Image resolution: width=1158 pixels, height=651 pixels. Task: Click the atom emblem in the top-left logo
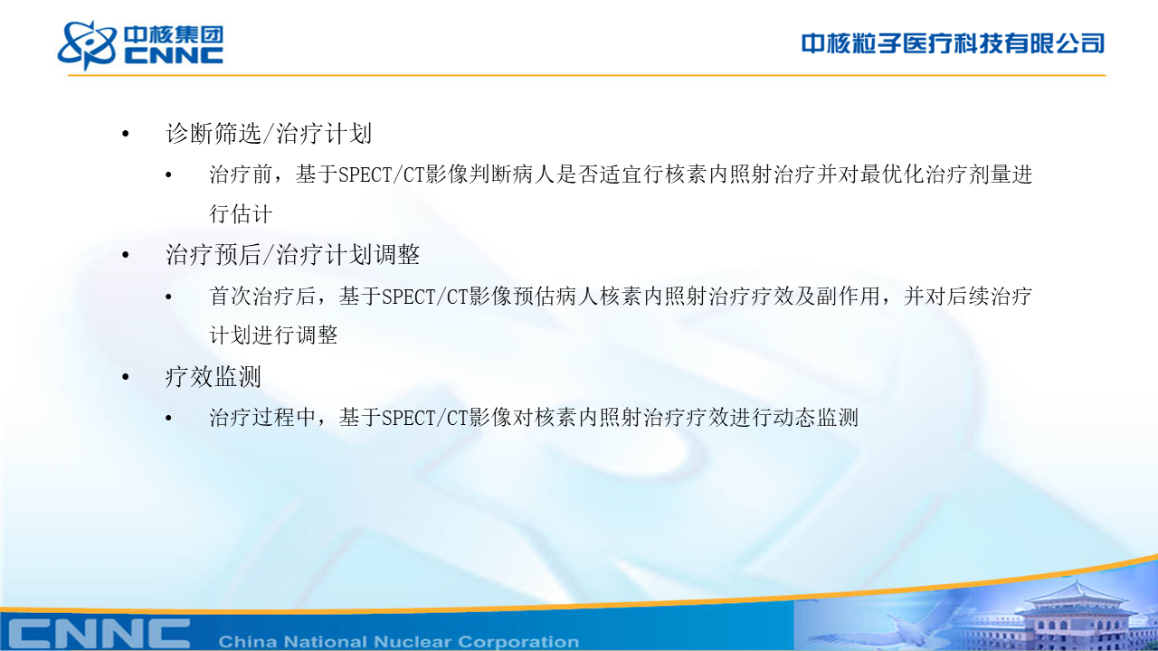86,44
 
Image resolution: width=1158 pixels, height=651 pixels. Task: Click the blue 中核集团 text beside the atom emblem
174,35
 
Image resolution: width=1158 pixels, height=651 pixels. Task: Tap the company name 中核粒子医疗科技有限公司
953,43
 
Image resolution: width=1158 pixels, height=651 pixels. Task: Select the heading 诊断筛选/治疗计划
269,133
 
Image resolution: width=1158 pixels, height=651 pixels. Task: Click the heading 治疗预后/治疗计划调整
292,255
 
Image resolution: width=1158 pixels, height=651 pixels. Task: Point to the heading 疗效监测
213,377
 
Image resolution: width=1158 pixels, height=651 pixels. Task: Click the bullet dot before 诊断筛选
126,135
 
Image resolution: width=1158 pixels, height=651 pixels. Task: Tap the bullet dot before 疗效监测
126,377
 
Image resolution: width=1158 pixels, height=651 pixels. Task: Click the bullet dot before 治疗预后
126,255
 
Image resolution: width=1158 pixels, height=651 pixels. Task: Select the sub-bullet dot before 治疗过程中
168,418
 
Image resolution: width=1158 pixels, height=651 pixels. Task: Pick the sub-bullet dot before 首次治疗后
168,297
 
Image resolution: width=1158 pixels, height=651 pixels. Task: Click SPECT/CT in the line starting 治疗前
382,175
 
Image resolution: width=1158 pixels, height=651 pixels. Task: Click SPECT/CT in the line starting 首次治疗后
425,297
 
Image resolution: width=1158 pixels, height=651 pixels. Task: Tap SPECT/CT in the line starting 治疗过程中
425,418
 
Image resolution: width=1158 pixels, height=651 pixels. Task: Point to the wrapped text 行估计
241,214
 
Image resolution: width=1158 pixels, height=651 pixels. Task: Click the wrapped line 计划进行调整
273,335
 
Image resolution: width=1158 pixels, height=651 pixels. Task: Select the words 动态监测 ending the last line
816,418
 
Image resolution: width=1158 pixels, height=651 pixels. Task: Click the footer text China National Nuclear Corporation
399,641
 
